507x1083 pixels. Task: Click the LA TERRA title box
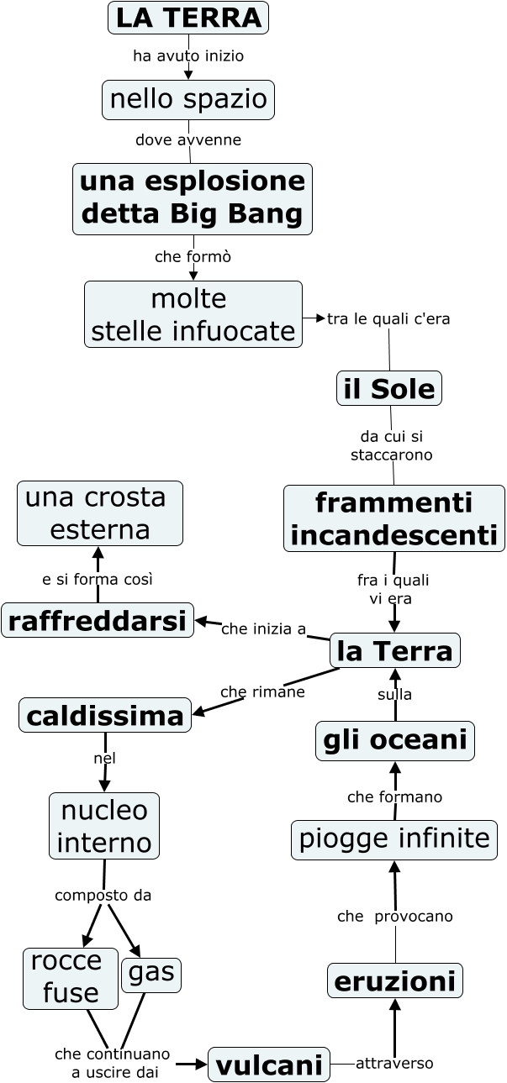pos(188,18)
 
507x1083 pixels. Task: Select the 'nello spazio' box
pos(188,100)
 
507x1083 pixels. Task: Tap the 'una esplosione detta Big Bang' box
pos(193,198)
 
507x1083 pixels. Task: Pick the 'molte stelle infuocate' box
pos(193,314)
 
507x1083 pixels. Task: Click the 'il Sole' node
pos(389,388)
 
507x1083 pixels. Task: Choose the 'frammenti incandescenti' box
pos(394,518)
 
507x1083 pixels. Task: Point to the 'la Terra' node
pos(395,650)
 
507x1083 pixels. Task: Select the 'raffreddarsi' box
pos(98,620)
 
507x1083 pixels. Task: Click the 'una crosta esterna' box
pos(100,513)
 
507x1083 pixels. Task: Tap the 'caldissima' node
pos(105,716)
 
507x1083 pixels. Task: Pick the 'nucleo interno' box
pos(104,826)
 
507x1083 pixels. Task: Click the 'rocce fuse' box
pos(71,978)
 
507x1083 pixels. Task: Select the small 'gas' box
pos(151,974)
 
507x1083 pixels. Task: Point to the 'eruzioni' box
pos(395,980)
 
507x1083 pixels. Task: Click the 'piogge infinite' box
pos(394,839)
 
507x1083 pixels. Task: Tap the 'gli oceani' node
pos(395,740)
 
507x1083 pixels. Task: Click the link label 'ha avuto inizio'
pos(188,56)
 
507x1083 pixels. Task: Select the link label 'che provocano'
pos(395,916)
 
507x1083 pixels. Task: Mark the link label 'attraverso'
pos(394,1064)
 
